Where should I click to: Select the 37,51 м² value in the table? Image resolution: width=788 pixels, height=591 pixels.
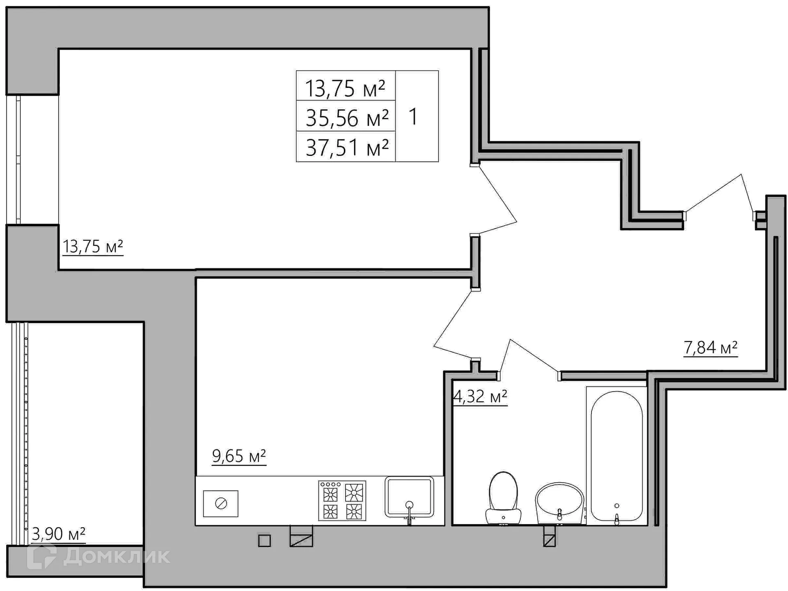(x=347, y=147)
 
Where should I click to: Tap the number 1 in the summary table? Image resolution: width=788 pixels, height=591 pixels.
(x=413, y=117)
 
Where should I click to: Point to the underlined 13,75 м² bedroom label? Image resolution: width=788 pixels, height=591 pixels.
(x=93, y=247)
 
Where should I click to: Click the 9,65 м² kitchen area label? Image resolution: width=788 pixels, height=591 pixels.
(x=239, y=456)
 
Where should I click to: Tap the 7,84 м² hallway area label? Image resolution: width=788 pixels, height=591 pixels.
(x=710, y=348)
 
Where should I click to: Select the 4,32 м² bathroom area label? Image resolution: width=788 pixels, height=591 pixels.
(x=480, y=396)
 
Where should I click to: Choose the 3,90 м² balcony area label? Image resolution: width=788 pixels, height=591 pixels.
(x=58, y=534)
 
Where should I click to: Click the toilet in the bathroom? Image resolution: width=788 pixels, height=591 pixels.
(x=503, y=498)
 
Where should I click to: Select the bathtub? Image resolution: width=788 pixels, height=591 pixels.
(x=616, y=456)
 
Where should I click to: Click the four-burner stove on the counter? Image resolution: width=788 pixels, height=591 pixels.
(x=342, y=501)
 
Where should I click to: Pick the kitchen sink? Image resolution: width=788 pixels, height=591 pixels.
(x=409, y=497)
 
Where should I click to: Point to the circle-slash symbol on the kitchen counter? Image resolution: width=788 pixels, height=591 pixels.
(x=221, y=504)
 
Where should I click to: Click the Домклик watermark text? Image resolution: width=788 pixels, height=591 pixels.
(x=116, y=557)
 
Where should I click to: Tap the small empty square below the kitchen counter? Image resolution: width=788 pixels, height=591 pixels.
(x=264, y=541)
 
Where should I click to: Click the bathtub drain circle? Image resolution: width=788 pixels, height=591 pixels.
(x=616, y=506)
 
